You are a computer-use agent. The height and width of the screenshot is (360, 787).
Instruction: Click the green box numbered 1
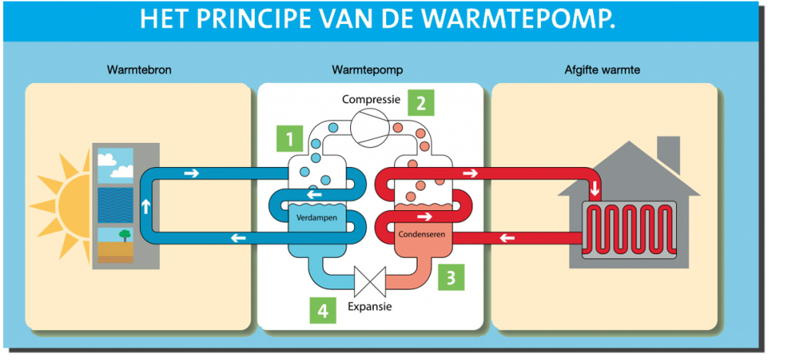(289, 139)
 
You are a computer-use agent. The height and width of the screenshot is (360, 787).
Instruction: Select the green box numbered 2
(421, 102)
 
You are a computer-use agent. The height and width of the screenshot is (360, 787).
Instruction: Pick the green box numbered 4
(323, 311)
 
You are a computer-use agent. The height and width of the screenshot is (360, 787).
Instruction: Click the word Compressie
(371, 100)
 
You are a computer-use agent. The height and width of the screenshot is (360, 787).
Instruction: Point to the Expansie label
(370, 306)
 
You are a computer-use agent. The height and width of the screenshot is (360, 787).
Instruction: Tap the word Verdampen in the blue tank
(317, 218)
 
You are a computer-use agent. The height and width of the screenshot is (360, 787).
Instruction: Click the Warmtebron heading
(139, 71)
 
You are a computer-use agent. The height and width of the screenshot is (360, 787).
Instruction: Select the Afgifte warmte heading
(602, 71)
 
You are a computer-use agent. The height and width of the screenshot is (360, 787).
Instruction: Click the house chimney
(668, 153)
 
